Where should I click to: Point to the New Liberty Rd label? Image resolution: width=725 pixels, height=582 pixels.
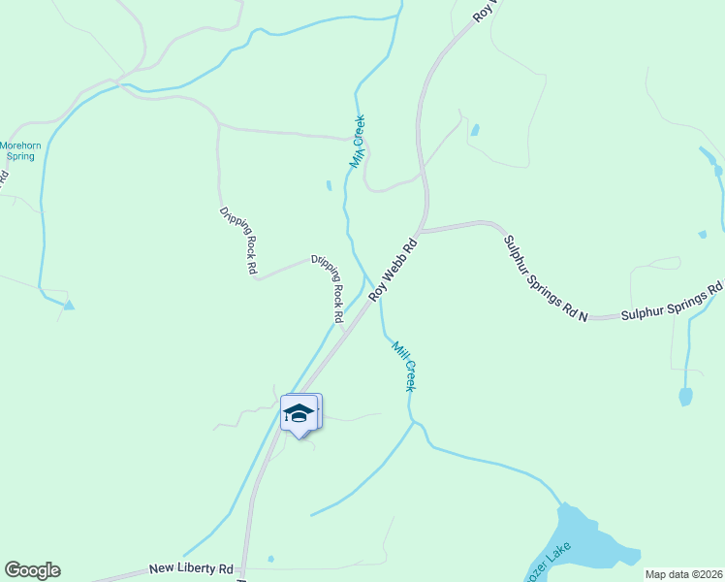[191, 568]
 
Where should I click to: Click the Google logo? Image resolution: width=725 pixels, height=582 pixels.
[32, 570]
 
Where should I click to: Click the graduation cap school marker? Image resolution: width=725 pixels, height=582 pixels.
[299, 414]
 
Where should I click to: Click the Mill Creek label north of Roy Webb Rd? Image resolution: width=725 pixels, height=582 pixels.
[358, 142]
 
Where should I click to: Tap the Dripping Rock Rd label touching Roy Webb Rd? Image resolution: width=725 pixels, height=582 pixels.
[327, 288]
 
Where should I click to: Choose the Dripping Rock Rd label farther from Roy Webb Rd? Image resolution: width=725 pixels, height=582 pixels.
[237, 239]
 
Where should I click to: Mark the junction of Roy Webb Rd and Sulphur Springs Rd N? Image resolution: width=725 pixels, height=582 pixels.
[422, 231]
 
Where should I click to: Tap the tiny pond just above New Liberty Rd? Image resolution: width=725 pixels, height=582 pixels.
[270, 558]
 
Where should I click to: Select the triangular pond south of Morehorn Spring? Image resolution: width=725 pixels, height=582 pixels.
[68, 305]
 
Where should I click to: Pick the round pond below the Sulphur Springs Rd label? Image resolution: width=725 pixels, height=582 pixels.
[685, 396]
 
